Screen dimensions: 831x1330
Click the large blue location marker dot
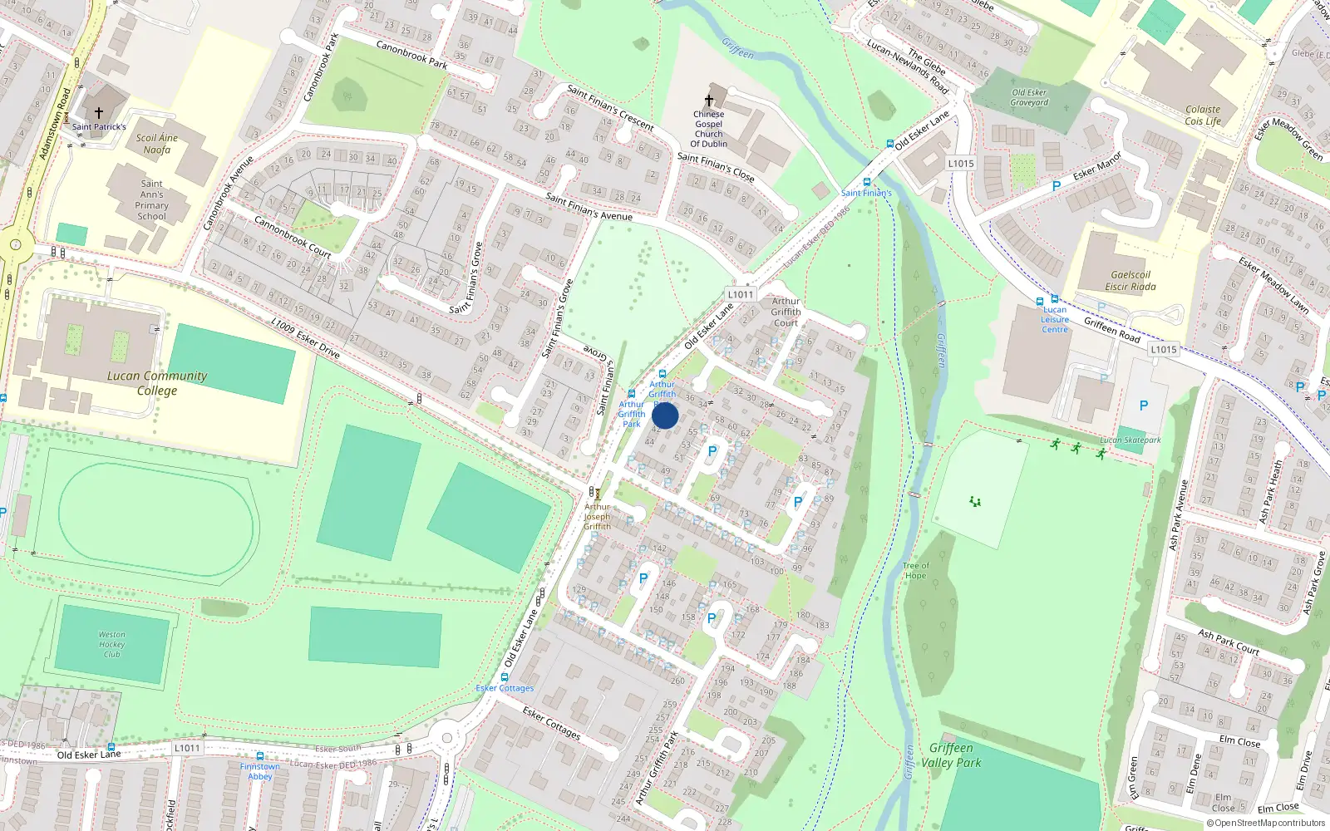[x=665, y=415]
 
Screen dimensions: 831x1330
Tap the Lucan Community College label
[x=157, y=383]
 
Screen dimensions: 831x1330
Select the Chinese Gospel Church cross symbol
[x=709, y=101]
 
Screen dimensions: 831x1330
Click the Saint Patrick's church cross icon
[x=99, y=112]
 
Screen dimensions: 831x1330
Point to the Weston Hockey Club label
[x=112, y=644]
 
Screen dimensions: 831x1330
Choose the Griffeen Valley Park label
[x=951, y=755]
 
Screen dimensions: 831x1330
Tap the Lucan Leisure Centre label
[x=1055, y=320]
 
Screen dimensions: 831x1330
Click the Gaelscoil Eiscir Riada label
[x=1130, y=281]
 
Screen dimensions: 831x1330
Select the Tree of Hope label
[x=915, y=570]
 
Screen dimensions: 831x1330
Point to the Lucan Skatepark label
[x=1130, y=440]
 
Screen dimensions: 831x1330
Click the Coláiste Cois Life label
[x=1203, y=115]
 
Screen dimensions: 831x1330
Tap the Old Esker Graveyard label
[x=1029, y=97]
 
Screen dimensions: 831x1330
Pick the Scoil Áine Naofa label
[x=157, y=144]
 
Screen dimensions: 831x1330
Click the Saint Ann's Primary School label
[x=151, y=200]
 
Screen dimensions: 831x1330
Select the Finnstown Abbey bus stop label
[x=259, y=771]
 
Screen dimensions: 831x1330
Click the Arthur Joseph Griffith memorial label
[x=597, y=516]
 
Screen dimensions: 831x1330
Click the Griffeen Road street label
[x=1112, y=330]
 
